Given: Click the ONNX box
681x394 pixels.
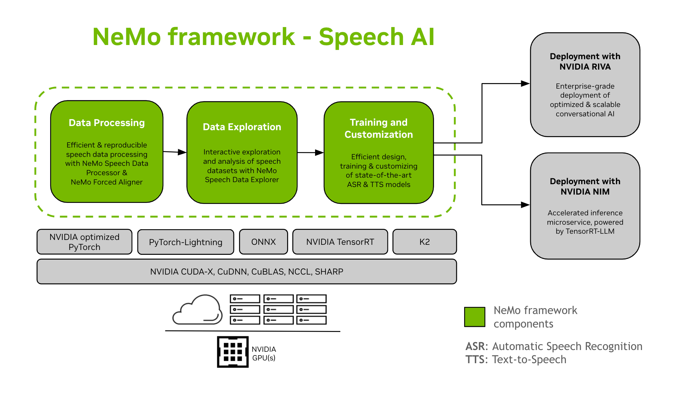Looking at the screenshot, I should tap(263, 242).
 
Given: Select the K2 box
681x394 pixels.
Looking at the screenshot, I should tap(424, 242).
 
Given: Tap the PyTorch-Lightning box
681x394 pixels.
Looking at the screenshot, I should tap(185, 242).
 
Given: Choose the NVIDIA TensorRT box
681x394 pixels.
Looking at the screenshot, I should tap(340, 242).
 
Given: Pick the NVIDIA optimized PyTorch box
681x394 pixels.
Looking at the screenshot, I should tap(84, 242).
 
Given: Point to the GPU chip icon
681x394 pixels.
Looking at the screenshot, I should tap(232, 352).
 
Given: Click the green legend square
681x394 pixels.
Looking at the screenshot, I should tap(475, 317).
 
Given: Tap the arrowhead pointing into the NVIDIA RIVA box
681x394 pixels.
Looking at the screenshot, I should tap(525, 83).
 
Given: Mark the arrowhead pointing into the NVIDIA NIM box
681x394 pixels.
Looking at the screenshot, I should tap(525, 205).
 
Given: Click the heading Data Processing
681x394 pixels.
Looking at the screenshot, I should tap(107, 123).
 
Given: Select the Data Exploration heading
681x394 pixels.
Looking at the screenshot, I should tap(242, 127).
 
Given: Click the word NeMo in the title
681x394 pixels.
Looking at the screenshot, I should tap(127, 37).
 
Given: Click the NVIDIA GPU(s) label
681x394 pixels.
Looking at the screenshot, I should tap(264, 353).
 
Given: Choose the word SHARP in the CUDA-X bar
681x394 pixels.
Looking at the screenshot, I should tap(329, 272).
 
